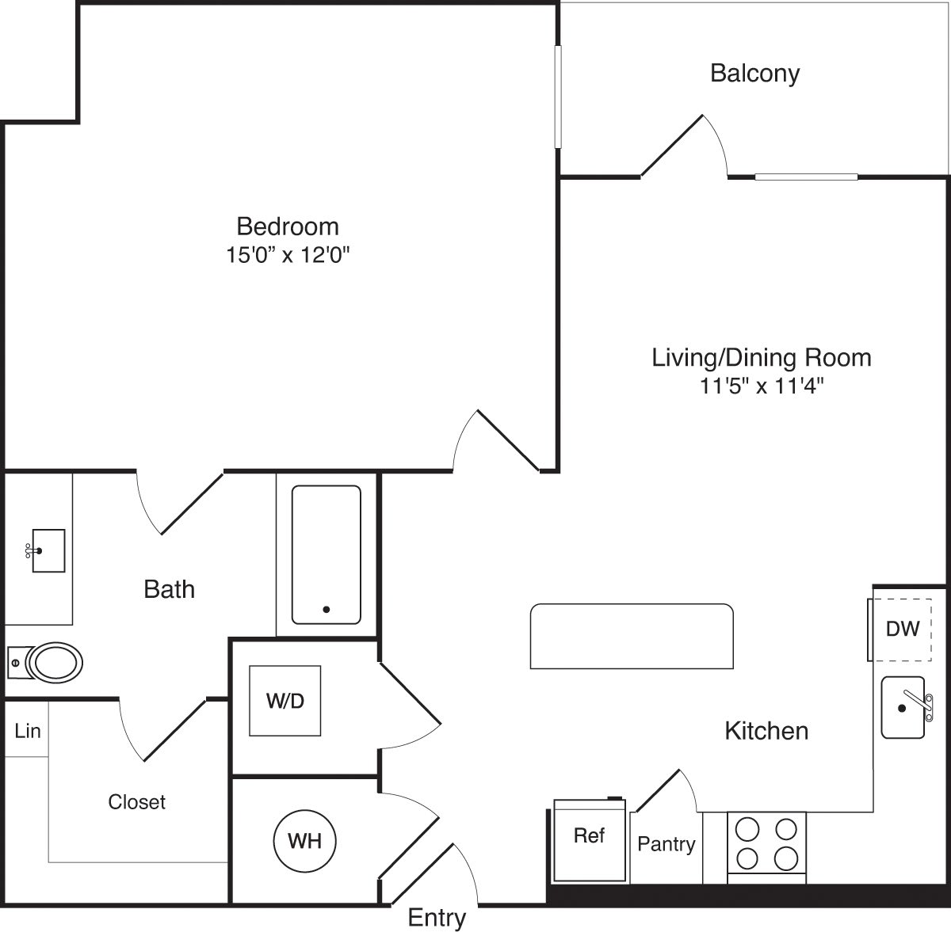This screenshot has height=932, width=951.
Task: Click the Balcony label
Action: click(754, 74)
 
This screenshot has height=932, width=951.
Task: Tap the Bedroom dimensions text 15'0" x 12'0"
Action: click(288, 255)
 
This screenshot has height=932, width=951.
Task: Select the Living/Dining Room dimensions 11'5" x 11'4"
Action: click(761, 386)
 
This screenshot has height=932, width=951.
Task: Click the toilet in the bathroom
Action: click(54, 661)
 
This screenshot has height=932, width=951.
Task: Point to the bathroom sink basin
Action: click(48, 550)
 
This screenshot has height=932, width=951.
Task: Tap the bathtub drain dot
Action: click(326, 609)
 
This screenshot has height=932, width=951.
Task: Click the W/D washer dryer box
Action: click(286, 701)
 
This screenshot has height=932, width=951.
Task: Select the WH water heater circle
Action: click(304, 840)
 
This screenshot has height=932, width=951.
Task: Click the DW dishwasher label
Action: click(903, 630)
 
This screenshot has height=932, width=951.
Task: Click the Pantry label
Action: click(666, 845)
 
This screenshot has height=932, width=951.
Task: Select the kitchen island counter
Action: click(632, 636)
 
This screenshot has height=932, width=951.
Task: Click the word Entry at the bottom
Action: click(437, 918)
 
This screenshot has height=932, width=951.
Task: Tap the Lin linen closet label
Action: click(28, 730)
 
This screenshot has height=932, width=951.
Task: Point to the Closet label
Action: click(136, 802)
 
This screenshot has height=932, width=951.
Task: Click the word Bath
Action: click(169, 589)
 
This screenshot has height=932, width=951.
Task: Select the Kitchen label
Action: click(766, 730)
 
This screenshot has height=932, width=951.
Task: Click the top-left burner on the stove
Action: click(747, 829)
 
